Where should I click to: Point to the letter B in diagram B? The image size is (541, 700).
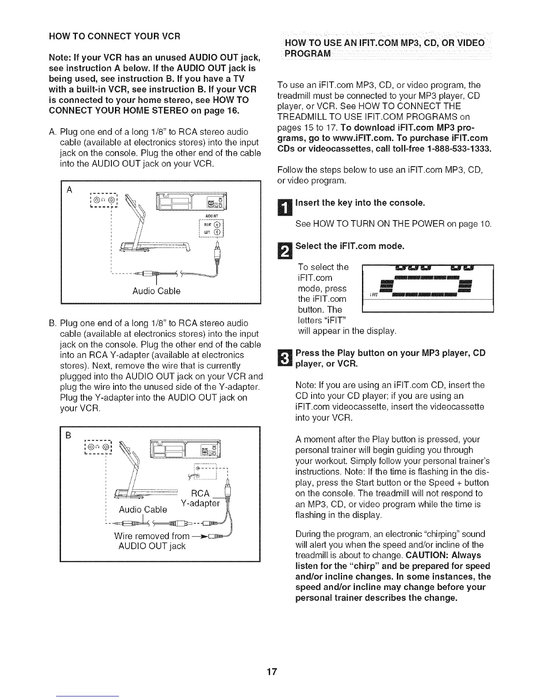(x=69, y=435)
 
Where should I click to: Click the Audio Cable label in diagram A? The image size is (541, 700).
(x=156, y=291)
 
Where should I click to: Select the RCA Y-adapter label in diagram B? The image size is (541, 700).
(x=200, y=498)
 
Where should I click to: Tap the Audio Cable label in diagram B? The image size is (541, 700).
(x=143, y=510)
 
